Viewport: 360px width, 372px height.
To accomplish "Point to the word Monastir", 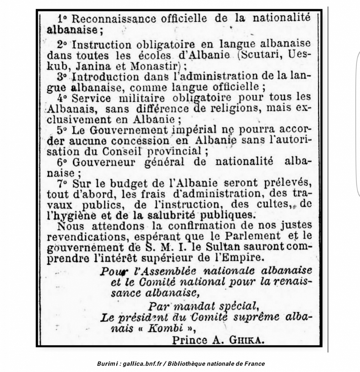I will [x=156, y=66].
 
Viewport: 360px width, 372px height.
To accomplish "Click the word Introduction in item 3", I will [x=105, y=77].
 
